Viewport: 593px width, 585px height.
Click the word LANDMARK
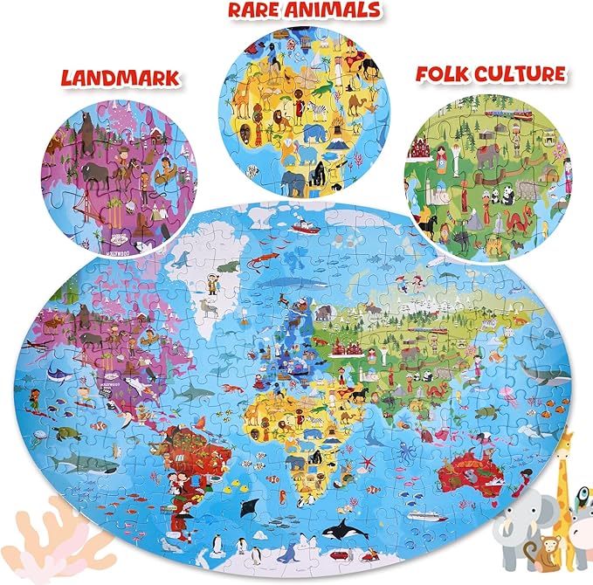coord(121,77)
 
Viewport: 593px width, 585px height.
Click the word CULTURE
coord(521,73)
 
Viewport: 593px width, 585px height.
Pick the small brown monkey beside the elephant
coord(550,551)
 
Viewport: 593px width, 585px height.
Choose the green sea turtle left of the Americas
coord(69,433)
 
